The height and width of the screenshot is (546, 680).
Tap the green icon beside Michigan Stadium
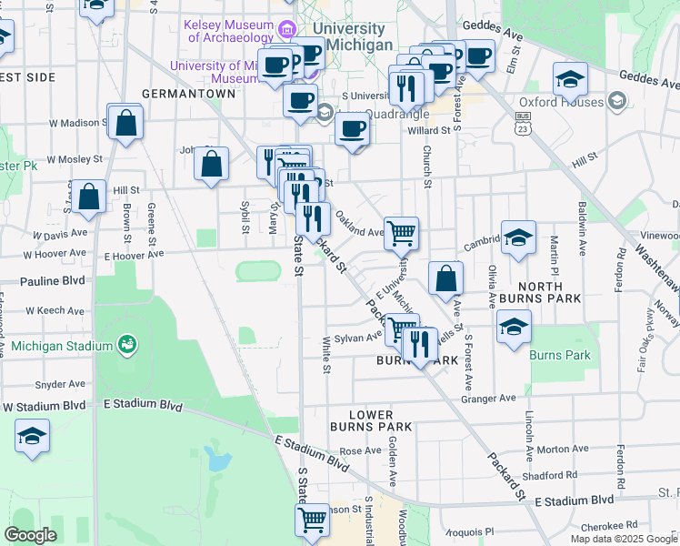(126, 345)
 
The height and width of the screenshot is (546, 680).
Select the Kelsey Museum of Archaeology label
(228, 31)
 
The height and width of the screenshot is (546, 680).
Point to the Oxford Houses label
(561, 102)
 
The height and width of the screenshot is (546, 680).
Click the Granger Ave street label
(489, 398)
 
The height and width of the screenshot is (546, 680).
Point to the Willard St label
(429, 131)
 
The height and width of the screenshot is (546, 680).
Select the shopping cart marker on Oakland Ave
(401, 232)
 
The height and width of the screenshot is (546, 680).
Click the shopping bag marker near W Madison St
(126, 121)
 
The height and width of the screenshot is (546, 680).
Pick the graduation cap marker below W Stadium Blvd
(33, 437)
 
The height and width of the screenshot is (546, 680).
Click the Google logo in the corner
(31, 535)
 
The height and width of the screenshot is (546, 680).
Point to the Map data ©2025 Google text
(624, 539)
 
